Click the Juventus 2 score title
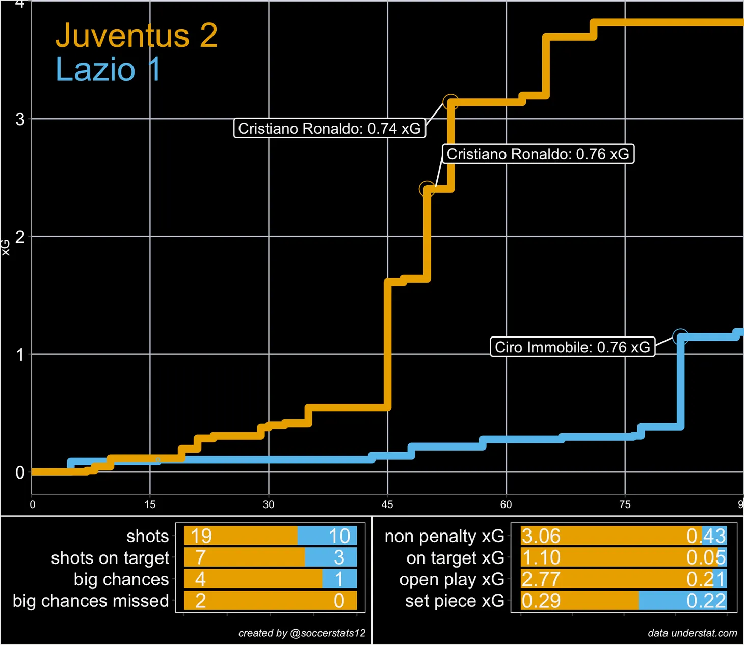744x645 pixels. (x=137, y=36)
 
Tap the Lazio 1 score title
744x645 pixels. (x=108, y=69)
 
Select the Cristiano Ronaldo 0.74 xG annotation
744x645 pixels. (x=329, y=128)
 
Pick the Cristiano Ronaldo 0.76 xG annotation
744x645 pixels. (x=538, y=154)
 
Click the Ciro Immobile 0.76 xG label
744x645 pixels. (x=572, y=347)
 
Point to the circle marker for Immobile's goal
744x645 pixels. (x=680, y=336)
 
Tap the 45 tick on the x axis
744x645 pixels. (x=387, y=504)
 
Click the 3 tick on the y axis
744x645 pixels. (x=20, y=119)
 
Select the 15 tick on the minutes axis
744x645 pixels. (x=150, y=504)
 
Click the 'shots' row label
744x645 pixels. (x=147, y=536)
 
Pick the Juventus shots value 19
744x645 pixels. (x=201, y=536)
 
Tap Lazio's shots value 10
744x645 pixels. (x=339, y=536)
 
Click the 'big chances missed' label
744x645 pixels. (x=91, y=601)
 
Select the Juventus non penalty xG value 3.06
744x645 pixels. (x=541, y=536)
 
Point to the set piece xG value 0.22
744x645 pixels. (x=706, y=601)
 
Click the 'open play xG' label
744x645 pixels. (x=451, y=579)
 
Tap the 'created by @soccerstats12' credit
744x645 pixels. (x=302, y=633)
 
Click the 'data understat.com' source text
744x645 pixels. (x=692, y=633)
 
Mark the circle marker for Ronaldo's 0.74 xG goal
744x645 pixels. (x=450, y=102)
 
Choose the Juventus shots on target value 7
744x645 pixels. (x=200, y=557)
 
